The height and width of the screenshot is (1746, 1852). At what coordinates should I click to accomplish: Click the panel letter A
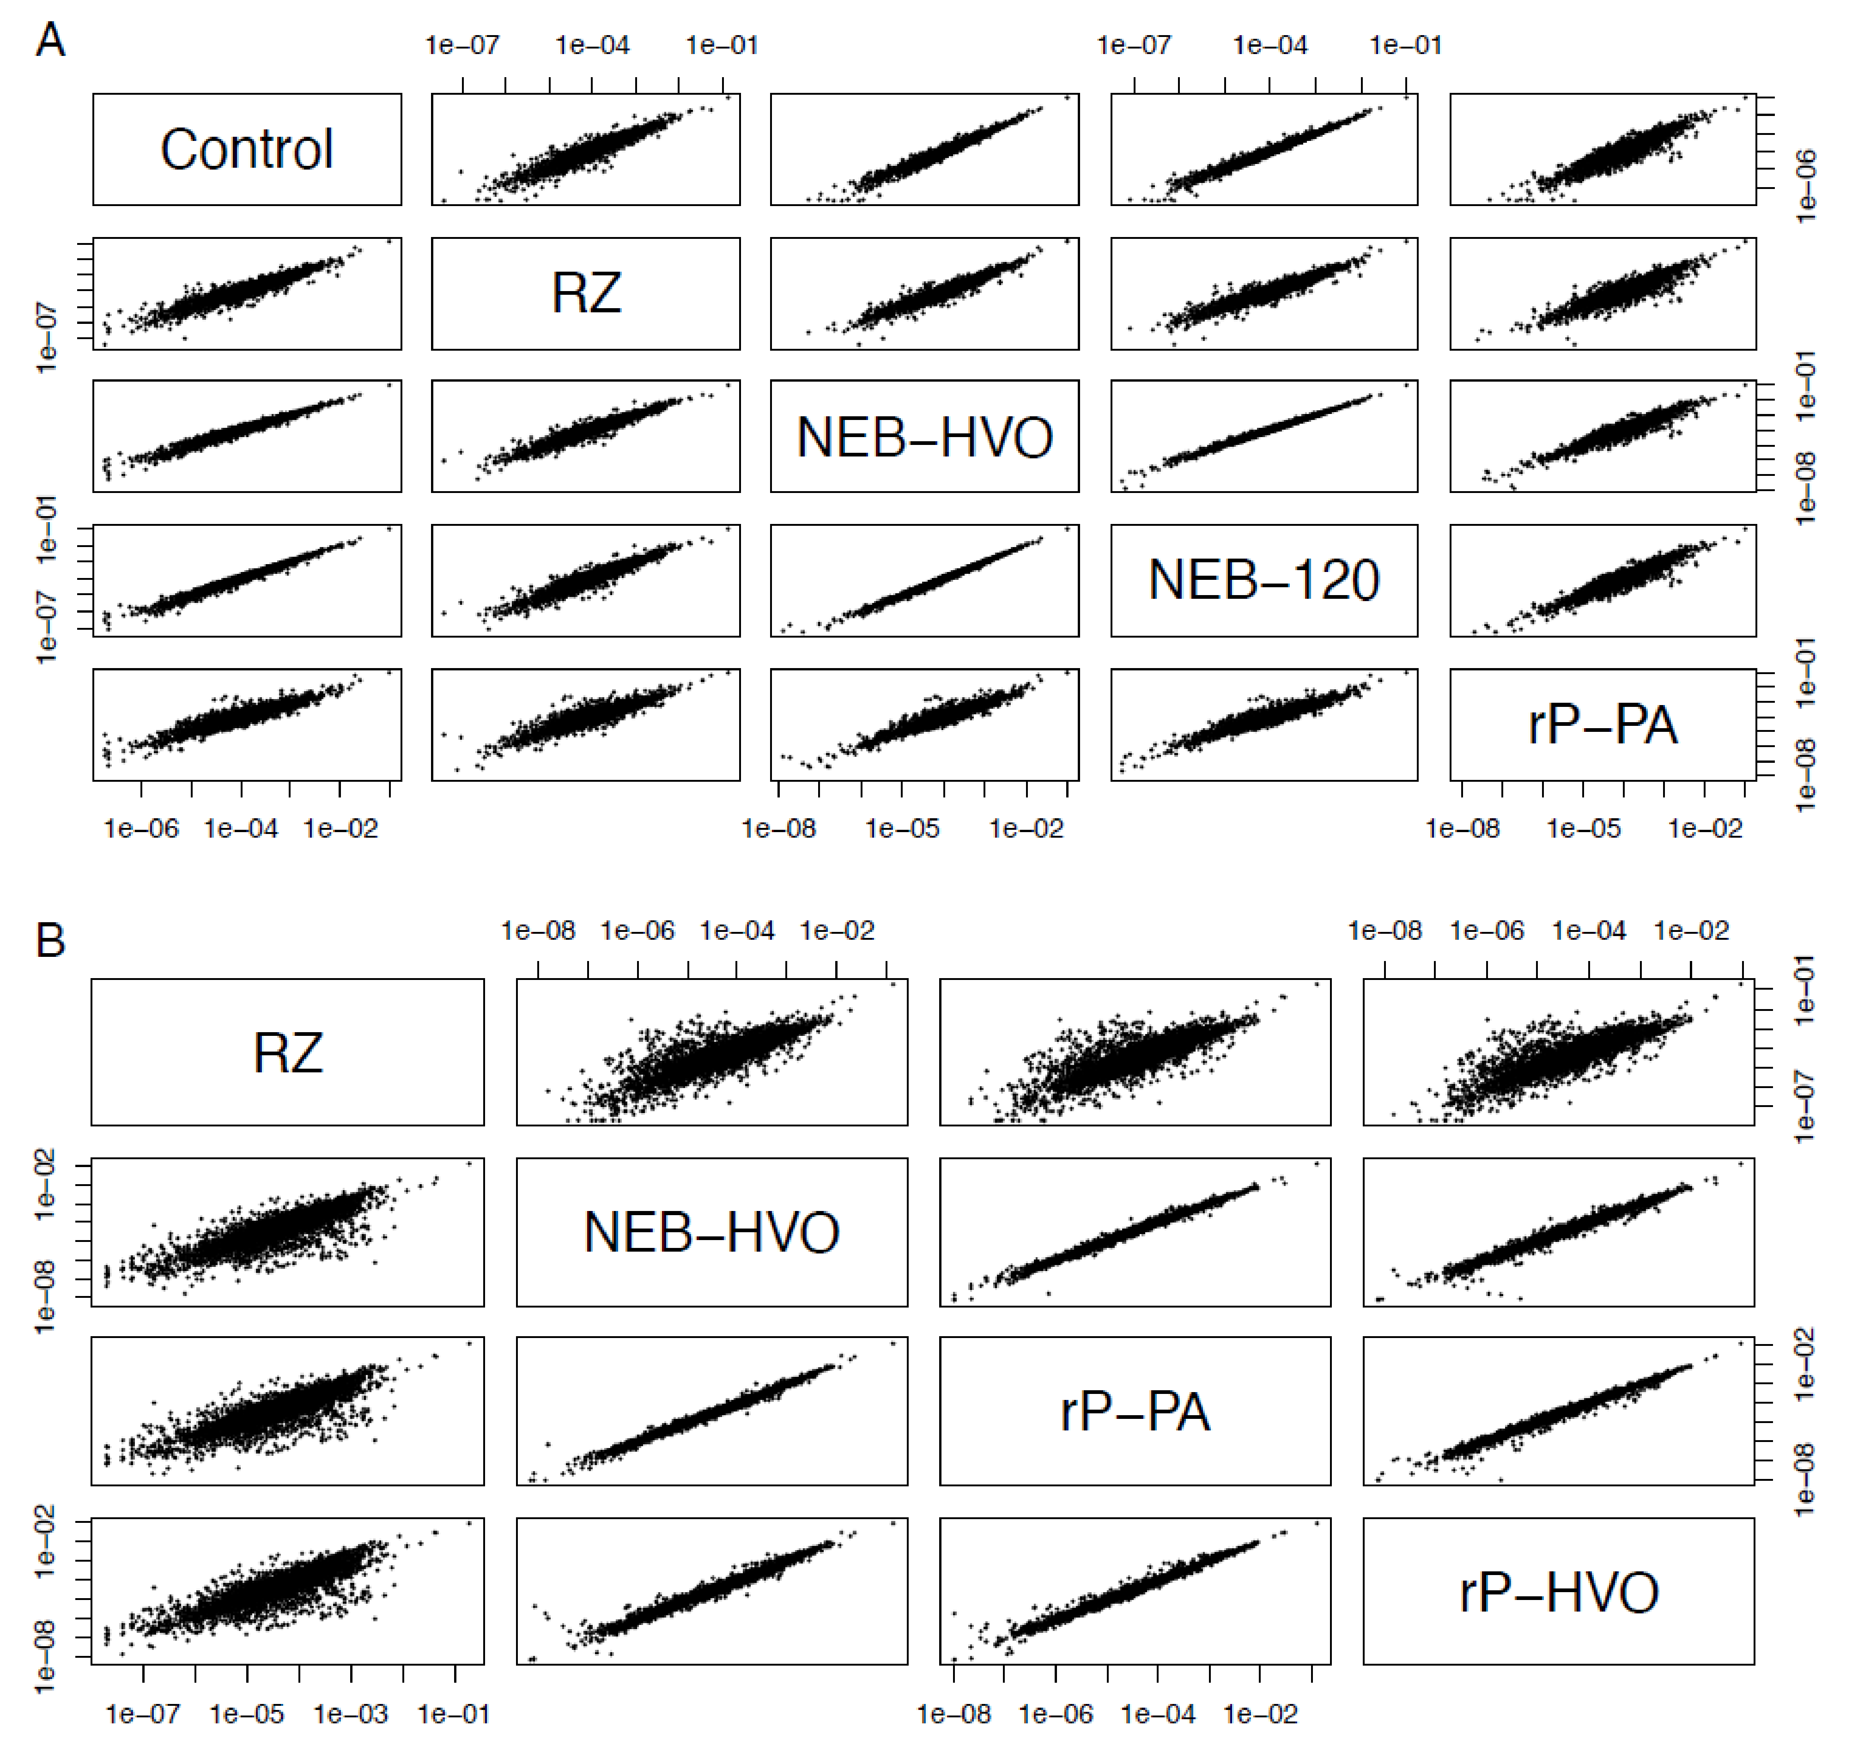[50, 41]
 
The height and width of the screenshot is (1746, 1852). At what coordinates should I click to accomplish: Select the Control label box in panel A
[247, 149]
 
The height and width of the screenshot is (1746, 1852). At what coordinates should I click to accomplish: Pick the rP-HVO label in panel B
[1559, 1592]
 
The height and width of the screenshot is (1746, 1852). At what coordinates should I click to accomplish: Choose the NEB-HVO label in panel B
[712, 1233]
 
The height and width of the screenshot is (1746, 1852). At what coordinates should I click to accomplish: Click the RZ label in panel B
[288, 1053]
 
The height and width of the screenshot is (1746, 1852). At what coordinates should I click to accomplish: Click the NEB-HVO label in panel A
[924, 437]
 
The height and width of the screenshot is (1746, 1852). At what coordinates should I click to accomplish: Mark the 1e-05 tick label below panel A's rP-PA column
[1584, 828]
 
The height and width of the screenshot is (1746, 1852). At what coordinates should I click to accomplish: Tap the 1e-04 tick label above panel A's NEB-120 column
[1270, 45]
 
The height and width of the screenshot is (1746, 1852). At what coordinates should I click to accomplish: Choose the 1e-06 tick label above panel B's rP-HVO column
[1487, 930]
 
